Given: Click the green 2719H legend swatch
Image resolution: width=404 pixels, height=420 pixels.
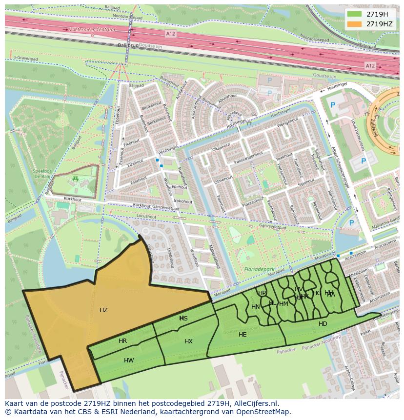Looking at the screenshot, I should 355,14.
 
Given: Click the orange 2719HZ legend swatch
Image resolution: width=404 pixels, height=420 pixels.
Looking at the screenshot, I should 355,24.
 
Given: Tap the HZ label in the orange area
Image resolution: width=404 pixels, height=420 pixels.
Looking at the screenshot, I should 103,310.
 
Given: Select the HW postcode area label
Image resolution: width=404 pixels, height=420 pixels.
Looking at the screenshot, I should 129,360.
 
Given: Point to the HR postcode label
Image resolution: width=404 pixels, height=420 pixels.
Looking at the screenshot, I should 122,341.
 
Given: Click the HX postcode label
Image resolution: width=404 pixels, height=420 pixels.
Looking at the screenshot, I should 188,341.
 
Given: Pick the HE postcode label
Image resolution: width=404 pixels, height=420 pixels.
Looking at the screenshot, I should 242,335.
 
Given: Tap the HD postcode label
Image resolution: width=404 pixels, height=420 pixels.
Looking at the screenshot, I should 323,324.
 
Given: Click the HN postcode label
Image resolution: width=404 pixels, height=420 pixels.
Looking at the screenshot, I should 256,307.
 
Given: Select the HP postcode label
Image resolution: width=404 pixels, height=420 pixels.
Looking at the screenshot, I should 262,293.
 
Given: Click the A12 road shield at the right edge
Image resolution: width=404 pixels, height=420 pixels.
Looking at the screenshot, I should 370,66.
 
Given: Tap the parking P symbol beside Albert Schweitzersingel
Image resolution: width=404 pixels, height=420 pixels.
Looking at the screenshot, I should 363,160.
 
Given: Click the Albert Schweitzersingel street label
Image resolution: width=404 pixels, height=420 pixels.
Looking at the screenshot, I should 340,166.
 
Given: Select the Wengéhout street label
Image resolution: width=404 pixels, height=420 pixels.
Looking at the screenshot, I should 287,121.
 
